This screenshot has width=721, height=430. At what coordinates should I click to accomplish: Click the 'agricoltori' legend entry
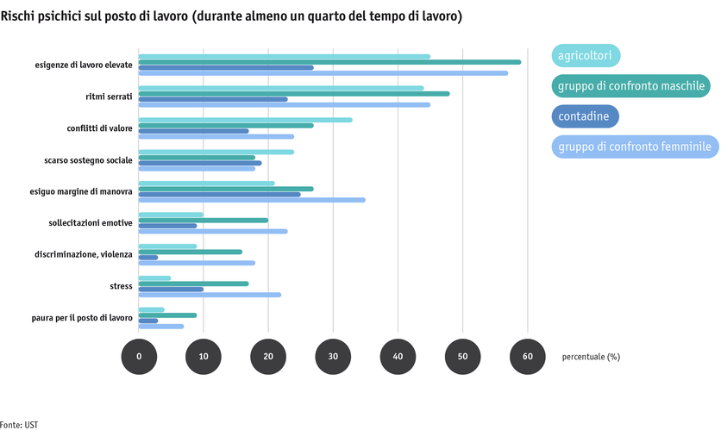click(586, 56)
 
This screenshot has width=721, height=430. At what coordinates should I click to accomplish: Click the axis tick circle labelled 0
click(139, 356)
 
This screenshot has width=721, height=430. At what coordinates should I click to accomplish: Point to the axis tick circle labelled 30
click(333, 356)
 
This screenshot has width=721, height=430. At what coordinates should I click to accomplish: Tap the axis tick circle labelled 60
click(528, 356)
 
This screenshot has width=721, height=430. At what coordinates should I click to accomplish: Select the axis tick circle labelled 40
click(398, 356)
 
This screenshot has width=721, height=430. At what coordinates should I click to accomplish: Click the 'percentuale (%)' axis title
click(590, 356)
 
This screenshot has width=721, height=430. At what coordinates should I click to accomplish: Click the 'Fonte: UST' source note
click(19, 425)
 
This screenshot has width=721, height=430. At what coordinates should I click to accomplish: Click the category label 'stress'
click(121, 286)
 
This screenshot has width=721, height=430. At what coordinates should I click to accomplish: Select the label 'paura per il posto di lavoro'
click(84, 318)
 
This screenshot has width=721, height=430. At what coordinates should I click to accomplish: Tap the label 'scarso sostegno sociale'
click(89, 160)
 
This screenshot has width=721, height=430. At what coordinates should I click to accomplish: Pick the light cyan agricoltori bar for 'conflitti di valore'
click(246, 120)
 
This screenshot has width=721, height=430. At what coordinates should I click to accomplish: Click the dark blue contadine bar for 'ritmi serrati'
click(213, 99)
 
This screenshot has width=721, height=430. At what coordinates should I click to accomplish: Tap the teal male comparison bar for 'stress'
click(193, 284)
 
